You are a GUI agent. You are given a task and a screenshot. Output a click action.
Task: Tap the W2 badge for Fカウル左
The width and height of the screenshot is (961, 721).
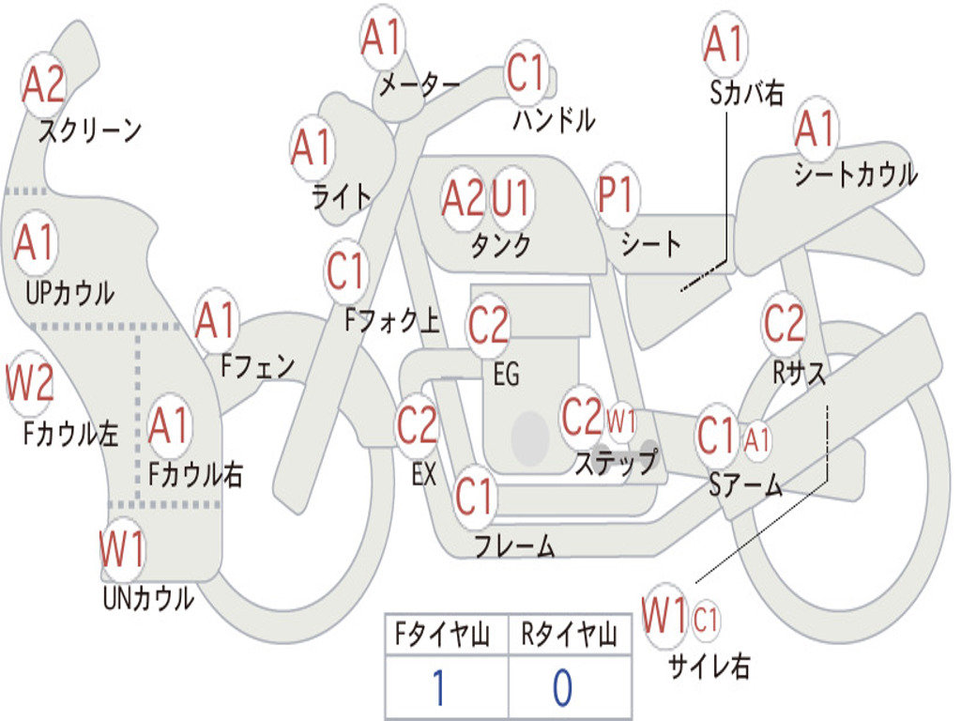(x=30, y=383)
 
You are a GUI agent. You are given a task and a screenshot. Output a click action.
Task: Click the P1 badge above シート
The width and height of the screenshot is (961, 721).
(x=617, y=196)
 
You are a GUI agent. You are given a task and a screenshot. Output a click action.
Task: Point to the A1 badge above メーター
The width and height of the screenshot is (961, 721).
(x=383, y=39)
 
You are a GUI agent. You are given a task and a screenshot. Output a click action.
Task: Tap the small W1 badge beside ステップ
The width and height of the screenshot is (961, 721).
(x=621, y=422)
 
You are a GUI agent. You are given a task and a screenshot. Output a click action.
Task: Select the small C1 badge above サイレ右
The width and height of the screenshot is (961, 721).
(x=706, y=619)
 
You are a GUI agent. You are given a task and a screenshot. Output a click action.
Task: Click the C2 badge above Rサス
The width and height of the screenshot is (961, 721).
(x=784, y=325)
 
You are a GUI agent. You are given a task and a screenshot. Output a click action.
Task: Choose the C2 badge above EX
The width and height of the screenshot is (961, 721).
(x=417, y=425)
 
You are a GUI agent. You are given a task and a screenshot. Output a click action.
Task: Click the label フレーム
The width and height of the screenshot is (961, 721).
(x=514, y=545)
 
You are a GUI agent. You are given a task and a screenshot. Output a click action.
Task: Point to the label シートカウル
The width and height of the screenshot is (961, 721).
(x=855, y=175)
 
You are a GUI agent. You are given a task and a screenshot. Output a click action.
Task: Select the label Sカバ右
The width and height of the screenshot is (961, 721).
(x=747, y=93)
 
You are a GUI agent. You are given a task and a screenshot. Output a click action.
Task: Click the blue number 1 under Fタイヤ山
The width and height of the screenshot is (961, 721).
(x=438, y=687)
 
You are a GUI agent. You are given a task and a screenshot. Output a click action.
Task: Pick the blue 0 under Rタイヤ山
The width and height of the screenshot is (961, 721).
(x=561, y=687)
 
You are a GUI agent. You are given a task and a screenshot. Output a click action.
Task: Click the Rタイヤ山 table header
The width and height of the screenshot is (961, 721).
(x=569, y=636)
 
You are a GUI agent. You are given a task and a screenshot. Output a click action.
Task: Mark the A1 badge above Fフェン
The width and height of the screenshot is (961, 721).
(x=217, y=321)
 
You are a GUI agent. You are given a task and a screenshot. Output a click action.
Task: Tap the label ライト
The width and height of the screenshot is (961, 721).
(x=342, y=196)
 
